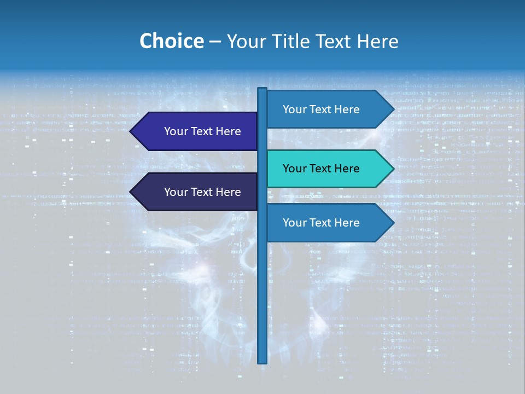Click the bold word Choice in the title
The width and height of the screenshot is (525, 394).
point(171,41)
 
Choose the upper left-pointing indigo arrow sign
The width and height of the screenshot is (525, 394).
point(197,131)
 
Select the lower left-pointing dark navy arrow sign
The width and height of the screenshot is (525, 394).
point(197,192)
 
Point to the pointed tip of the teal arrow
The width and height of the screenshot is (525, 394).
point(393,169)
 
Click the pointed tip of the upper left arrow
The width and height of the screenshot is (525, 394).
point(131,131)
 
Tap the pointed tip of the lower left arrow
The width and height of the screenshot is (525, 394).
point(131,192)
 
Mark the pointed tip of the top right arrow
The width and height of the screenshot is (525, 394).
point(393,109)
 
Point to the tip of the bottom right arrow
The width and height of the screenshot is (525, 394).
point(393,223)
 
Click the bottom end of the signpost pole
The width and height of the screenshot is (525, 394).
point(262,361)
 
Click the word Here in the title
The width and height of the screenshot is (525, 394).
point(377,41)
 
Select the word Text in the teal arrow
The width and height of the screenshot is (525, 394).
point(322,169)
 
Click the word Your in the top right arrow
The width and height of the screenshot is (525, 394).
point(294,109)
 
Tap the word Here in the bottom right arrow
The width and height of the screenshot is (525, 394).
point(347,223)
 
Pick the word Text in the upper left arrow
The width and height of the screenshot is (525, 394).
point(203,131)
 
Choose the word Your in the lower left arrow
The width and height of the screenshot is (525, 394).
point(176,192)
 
